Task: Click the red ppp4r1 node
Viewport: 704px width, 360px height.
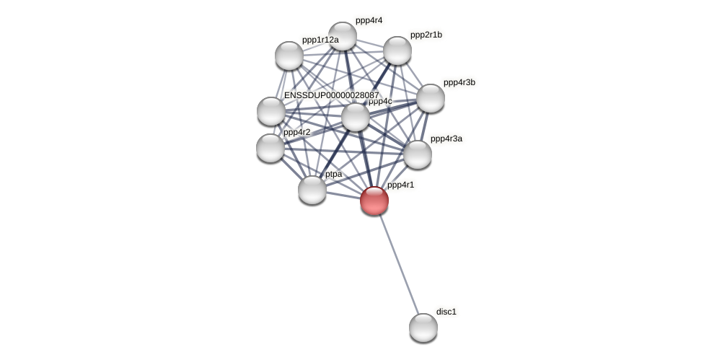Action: point(374,201)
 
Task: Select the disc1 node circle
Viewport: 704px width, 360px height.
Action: point(423,328)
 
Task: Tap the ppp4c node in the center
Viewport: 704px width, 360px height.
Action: point(356,117)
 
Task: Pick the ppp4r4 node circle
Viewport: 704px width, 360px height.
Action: point(343,36)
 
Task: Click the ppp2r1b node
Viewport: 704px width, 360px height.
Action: point(397,51)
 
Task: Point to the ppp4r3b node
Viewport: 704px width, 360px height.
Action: point(431,98)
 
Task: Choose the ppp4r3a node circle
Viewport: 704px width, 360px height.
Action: point(418,154)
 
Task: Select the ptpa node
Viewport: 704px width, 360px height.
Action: point(312,190)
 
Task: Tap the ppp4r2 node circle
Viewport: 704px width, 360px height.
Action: point(270,148)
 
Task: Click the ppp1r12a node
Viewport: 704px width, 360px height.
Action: point(289,56)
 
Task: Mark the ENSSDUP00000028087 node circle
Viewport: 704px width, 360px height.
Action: point(271,111)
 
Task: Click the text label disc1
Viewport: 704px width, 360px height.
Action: point(446,312)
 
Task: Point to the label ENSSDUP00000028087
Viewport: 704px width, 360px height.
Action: point(331,95)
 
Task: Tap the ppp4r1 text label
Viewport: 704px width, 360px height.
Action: point(400,185)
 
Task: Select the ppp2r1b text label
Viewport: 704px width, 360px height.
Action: point(426,35)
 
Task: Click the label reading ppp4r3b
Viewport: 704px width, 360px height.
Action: point(459,82)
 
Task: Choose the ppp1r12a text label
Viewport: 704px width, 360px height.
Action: point(320,40)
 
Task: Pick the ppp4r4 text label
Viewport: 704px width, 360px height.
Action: point(369,20)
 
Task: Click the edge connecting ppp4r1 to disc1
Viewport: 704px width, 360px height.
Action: point(399,264)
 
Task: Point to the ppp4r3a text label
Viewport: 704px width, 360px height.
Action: point(446,139)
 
